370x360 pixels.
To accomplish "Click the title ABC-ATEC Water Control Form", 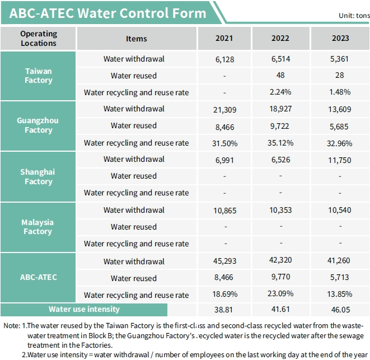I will click(x=107, y=13).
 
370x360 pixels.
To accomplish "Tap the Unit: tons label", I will click(x=354, y=16).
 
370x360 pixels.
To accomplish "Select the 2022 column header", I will click(x=280, y=38).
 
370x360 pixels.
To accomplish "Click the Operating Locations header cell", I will click(x=39, y=38).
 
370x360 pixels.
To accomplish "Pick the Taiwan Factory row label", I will click(x=39, y=76).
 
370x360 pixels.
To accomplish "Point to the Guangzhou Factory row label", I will click(x=39, y=125).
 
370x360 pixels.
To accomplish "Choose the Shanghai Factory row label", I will click(x=39, y=176).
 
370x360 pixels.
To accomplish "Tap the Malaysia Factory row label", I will click(x=39, y=227).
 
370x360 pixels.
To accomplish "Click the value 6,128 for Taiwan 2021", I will click(x=224, y=59).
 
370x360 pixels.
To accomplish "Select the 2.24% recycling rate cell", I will click(x=280, y=92).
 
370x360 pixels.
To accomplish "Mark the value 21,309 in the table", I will click(x=224, y=109).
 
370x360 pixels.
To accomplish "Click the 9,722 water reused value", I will click(x=280, y=125).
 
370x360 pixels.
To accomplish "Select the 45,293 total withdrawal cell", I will click(x=224, y=261).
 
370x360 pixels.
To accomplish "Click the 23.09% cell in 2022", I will click(x=280, y=294).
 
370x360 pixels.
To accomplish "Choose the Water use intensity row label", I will click(x=84, y=309).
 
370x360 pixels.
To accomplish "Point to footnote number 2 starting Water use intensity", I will click(x=185, y=354).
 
